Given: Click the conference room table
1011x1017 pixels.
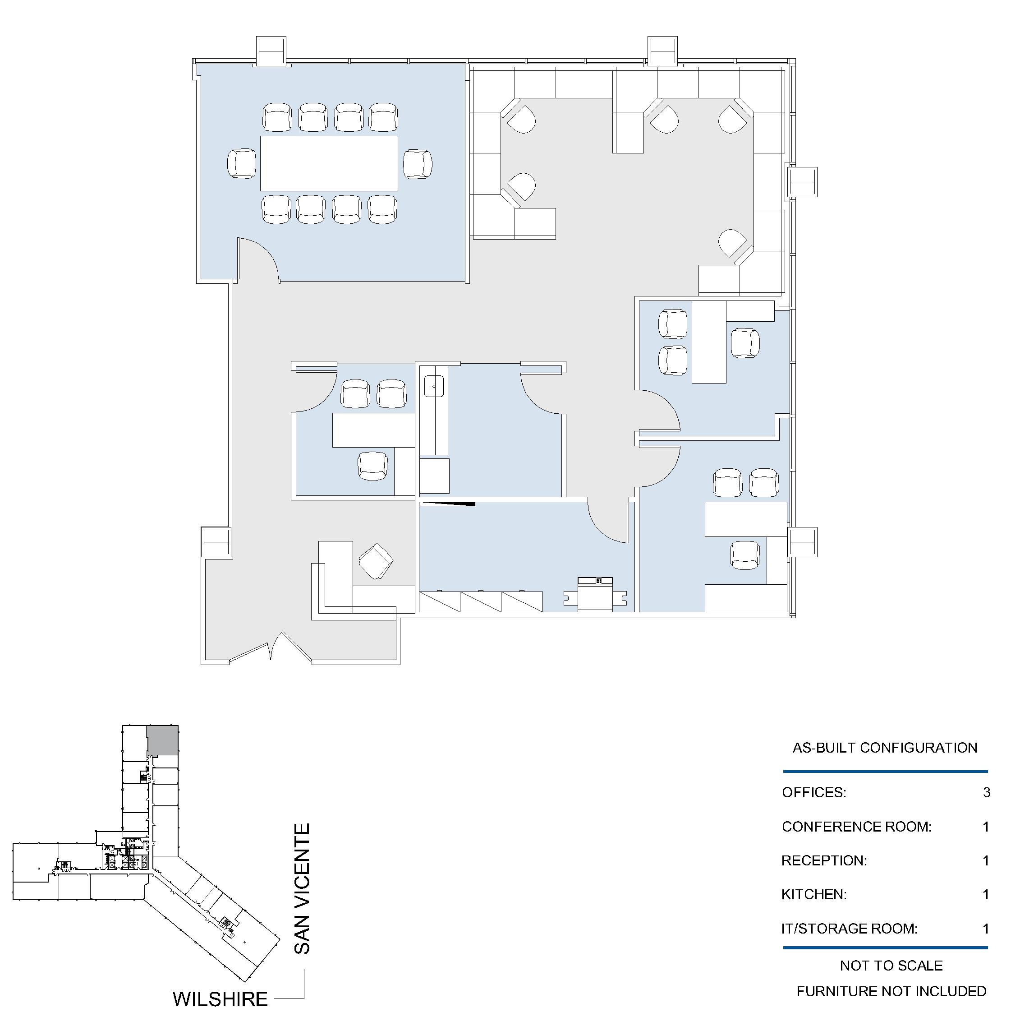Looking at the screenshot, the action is point(329,163).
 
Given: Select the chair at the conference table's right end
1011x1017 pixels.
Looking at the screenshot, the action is point(418,164).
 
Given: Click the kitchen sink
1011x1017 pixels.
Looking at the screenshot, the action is point(434,386).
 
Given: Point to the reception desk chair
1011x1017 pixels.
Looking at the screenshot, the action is point(376,561).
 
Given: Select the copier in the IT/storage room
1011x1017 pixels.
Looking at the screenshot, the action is point(595,594).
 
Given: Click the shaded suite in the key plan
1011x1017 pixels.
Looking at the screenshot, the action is point(162,740).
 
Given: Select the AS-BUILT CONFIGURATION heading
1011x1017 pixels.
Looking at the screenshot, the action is point(885,748).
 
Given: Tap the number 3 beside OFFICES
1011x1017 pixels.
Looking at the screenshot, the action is point(986,792).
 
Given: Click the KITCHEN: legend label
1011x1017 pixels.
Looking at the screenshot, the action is point(814,894).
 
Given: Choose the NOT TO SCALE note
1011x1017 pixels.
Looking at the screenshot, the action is point(891,966).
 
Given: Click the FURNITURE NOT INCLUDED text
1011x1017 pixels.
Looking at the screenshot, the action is point(891,992).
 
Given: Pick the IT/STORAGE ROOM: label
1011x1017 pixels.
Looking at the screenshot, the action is point(849,929).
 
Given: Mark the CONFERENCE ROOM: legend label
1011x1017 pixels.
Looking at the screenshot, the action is point(856,827).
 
